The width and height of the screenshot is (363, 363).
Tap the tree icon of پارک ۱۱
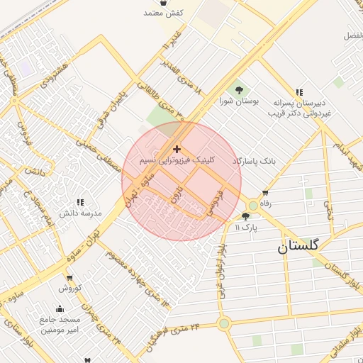[246, 217]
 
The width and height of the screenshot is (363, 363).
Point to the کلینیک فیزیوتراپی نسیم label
[176, 161]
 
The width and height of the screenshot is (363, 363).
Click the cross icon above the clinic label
[177, 149]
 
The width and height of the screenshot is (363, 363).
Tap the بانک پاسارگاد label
[253, 162]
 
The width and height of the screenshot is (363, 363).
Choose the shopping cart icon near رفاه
[265, 193]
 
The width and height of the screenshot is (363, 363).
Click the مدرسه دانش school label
[80, 213]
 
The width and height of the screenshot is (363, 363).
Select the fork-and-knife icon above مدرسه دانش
[79, 202]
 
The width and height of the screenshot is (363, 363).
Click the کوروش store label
[71, 288]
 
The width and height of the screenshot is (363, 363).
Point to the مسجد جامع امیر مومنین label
[60, 325]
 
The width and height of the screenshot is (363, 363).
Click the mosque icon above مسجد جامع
[60, 309]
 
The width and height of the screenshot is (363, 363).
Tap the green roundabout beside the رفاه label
[252, 206]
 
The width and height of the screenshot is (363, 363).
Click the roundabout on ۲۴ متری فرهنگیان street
[224, 324]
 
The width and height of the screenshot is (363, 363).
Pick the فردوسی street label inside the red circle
[215, 203]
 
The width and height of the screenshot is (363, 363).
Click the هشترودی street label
[57, 74]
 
